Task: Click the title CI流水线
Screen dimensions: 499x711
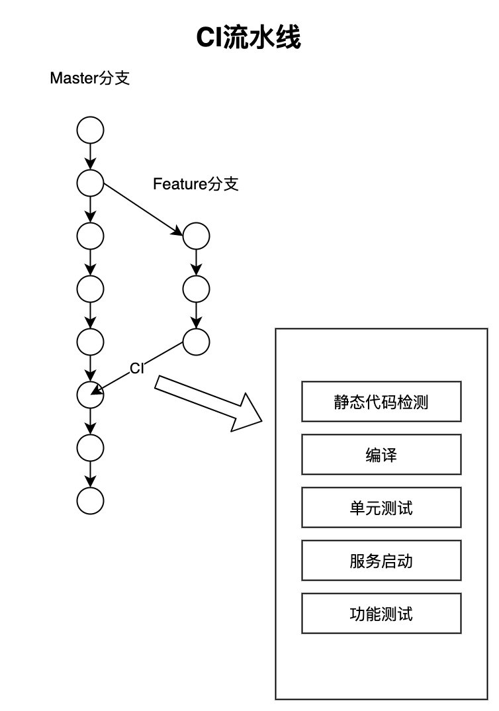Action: tap(248, 37)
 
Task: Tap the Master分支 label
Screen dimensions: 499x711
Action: tap(90, 78)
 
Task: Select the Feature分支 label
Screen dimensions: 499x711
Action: tap(195, 183)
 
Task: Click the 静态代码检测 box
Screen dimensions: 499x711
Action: tap(381, 402)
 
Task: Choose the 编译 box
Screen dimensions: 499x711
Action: tap(381, 454)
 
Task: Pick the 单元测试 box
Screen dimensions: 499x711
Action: tap(381, 507)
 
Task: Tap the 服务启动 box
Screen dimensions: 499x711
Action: tap(381, 561)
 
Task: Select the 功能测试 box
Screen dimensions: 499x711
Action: tap(381, 613)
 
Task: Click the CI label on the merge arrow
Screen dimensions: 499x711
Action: tap(137, 368)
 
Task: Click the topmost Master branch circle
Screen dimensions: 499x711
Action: tap(90, 130)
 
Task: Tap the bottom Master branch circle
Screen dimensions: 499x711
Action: tap(90, 500)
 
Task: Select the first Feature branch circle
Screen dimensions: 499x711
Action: tap(197, 236)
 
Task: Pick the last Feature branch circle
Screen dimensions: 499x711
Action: tap(197, 342)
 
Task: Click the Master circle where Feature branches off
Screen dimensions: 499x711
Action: tap(90, 183)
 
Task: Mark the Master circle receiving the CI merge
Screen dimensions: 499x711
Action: tap(90, 395)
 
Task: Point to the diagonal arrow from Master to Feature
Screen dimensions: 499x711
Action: tap(143, 209)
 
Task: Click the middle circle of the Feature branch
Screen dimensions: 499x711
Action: tap(197, 289)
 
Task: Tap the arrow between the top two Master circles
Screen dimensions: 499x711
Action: tap(90, 156)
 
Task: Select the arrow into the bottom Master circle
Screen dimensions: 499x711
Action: tap(90, 474)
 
